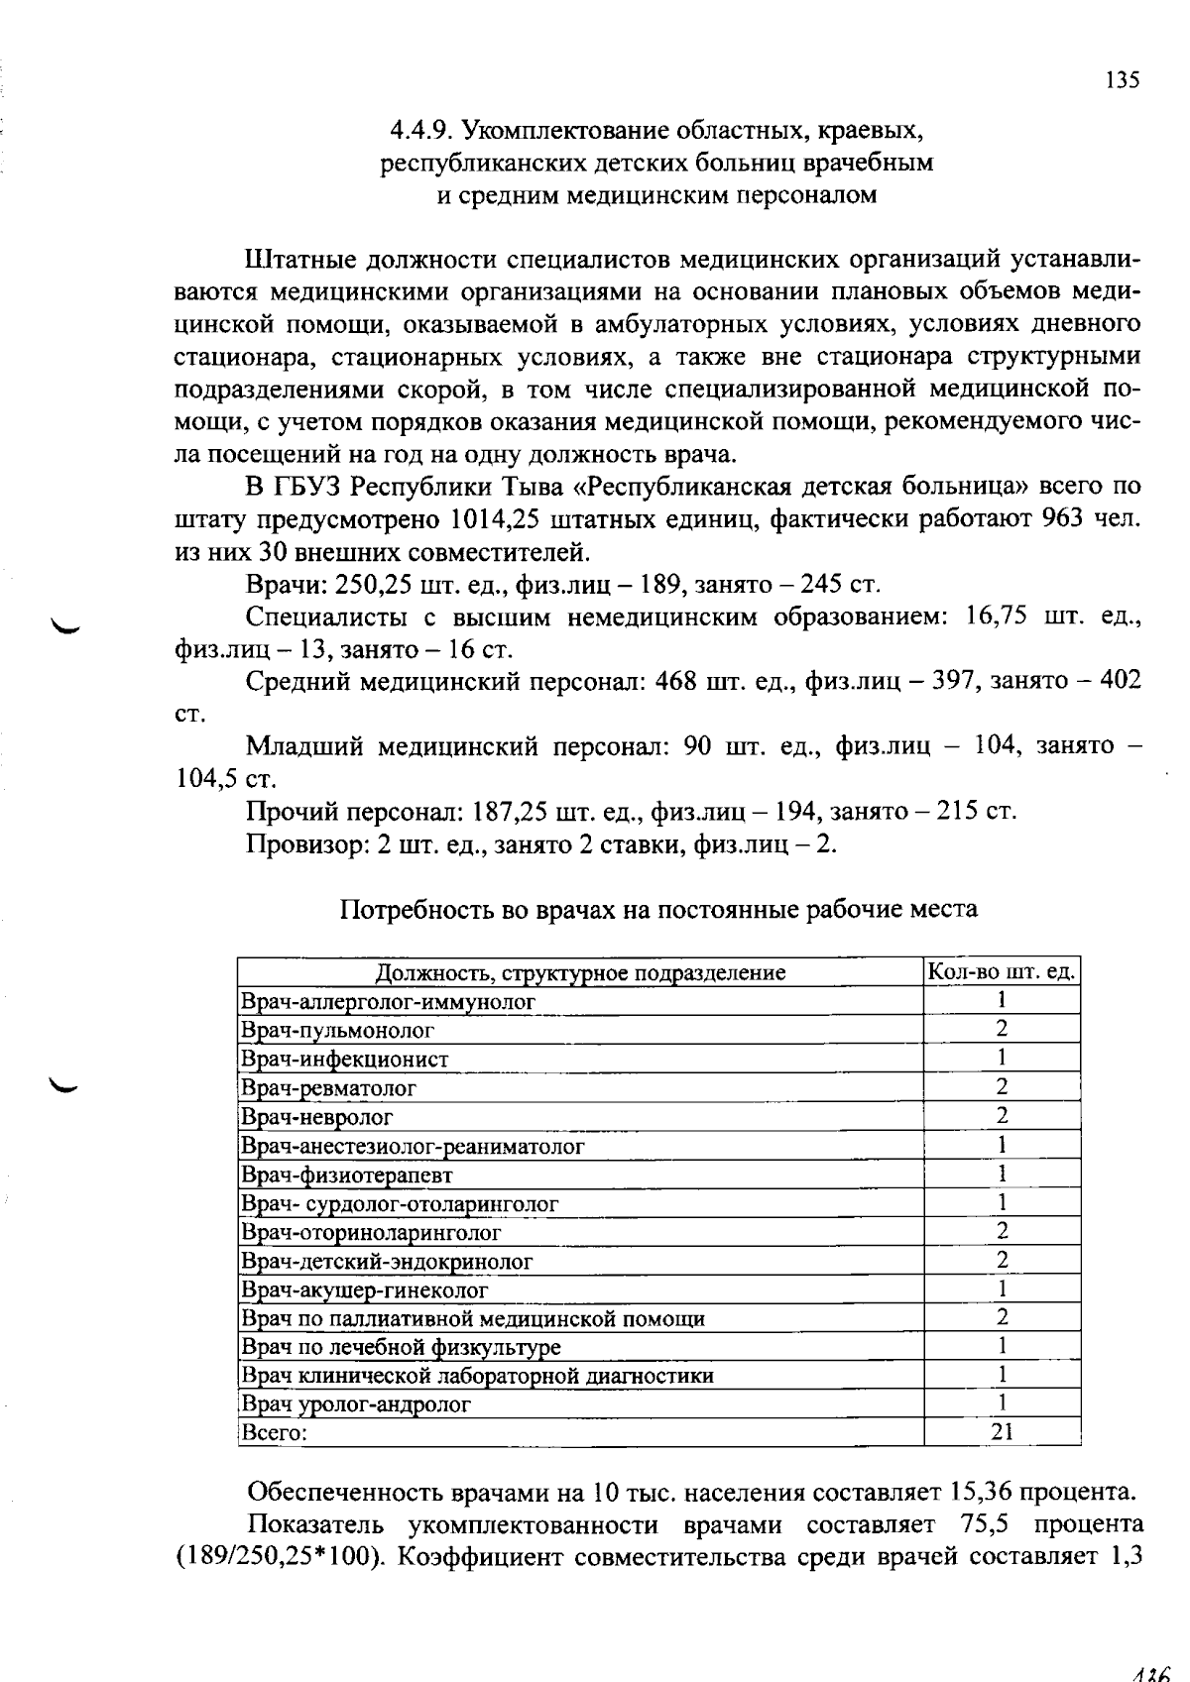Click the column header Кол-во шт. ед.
coord(1002,971)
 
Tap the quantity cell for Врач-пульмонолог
coord(1003,1029)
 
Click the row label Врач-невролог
coord(317,1117)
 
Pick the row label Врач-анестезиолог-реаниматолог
coord(413,1146)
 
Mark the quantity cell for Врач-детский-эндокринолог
coord(1003,1261)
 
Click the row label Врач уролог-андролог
coord(356,1404)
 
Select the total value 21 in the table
coord(1003,1432)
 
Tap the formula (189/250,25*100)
coord(279,1555)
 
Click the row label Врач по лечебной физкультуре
coord(402,1347)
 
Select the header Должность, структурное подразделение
coord(580,972)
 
